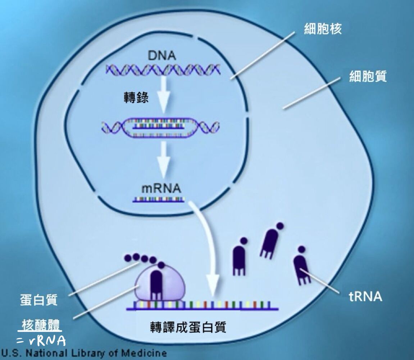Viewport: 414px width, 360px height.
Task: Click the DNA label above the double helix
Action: pyautogui.click(x=162, y=55)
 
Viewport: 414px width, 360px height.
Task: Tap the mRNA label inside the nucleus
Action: pyautogui.click(x=161, y=188)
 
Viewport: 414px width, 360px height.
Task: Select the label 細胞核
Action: pyautogui.click(x=323, y=28)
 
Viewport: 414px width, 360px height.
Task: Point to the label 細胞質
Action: pyautogui.click(x=368, y=76)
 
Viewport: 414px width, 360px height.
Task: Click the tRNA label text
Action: pyautogui.click(x=365, y=296)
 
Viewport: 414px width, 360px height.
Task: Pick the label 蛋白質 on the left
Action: pyautogui.click(x=39, y=300)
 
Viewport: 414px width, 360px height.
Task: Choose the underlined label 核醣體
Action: pyautogui.click(x=41, y=325)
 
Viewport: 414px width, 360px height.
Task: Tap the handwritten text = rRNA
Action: pyautogui.click(x=41, y=341)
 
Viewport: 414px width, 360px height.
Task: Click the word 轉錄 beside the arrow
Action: pyautogui.click(x=136, y=97)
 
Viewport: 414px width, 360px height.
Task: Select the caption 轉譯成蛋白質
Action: pyautogui.click(x=188, y=327)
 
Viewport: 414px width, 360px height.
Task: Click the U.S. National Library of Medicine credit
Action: pyautogui.click(x=84, y=353)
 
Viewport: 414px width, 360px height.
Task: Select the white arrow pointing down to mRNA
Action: pyautogui.click(x=163, y=159)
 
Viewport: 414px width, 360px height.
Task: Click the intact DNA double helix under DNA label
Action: pyautogui.click(x=163, y=69)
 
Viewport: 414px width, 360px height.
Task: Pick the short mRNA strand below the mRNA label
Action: pyautogui.click(x=159, y=199)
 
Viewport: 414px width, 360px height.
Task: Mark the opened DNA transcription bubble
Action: pyautogui.click(x=160, y=128)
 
